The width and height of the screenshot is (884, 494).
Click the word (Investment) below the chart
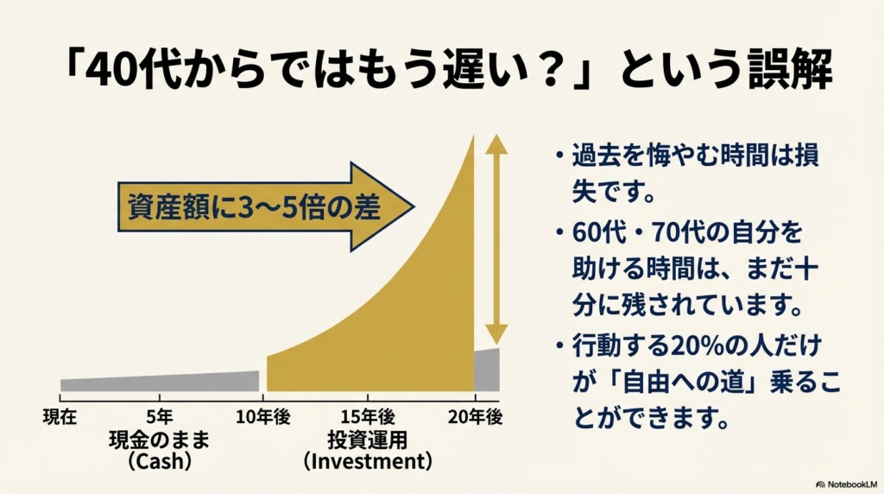tap(367, 461)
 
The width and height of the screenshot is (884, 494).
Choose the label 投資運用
tap(367, 440)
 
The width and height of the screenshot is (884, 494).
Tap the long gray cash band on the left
tap(160, 381)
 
